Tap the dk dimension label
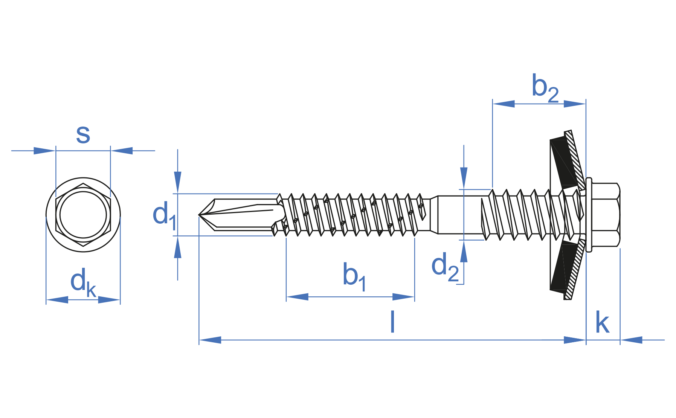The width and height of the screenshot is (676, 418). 83,282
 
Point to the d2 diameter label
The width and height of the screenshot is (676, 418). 445,267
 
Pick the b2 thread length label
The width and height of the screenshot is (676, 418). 545,88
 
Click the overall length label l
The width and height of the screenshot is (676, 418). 392,322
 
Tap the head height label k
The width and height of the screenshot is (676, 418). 602,323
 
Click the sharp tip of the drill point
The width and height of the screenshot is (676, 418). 199,215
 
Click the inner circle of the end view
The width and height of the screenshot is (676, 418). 83,215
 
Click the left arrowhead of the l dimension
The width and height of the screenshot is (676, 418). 210,340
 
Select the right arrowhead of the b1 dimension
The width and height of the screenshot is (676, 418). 404,297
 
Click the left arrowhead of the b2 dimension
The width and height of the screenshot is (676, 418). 504,104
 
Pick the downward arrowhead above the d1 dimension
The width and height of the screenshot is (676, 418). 178,182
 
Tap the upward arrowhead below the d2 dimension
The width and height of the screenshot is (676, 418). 464,252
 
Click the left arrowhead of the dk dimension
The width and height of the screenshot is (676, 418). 57,300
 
